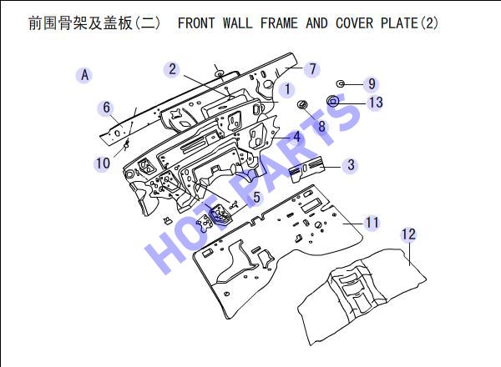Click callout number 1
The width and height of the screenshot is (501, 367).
pyautogui.click(x=287, y=89)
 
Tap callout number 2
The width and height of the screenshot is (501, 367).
pyautogui.click(x=172, y=69)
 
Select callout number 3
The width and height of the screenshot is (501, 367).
pyautogui.click(x=351, y=164)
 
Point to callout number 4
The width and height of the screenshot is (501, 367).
pyautogui.click(x=297, y=137)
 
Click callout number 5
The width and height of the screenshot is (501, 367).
pyautogui.click(x=256, y=197)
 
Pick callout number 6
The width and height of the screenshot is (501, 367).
pyautogui.click(x=106, y=108)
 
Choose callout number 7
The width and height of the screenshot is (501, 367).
pyautogui.click(x=312, y=69)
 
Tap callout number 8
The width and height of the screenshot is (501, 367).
pyautogui.click(x=321, y=126)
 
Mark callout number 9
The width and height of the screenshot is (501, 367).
pyautogui.click(x=372, y=83)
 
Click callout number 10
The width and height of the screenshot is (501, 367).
pyautogui.click(x=103, y=163)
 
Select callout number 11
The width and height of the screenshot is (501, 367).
pyautogui.click(x=372, y=222)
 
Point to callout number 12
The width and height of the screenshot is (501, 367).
pyautogui.click(x=408, y=234)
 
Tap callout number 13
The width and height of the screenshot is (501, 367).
pyautogui.click(x=376, y=102)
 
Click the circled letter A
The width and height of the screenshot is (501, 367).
pyautogui.click(x=84, y=75)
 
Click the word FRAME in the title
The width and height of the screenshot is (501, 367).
pyautogui.click(x=279, y=23)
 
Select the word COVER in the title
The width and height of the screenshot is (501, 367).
pyautogui.click(x=354, y=23)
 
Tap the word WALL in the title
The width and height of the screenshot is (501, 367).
pyautogui.click(x=238, y=23)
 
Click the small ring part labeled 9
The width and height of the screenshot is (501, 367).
pyautogui.click(x=341, y=84)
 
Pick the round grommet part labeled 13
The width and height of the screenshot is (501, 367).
pyautogui.click(x=333, y=101)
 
